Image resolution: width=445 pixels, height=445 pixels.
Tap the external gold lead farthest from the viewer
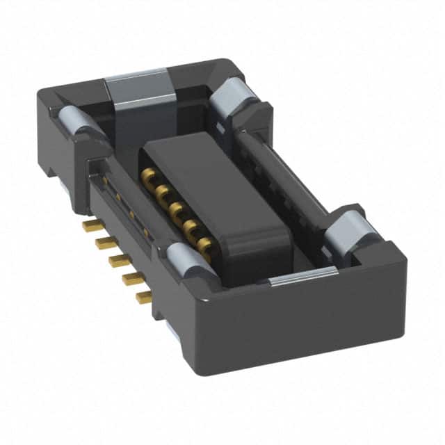(x=89, y=225)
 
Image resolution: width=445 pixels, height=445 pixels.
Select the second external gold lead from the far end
(x=104, y=242)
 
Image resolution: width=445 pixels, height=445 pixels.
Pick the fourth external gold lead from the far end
(x=131, y=279)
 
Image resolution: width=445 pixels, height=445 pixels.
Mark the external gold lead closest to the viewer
(x=144, y=298)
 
